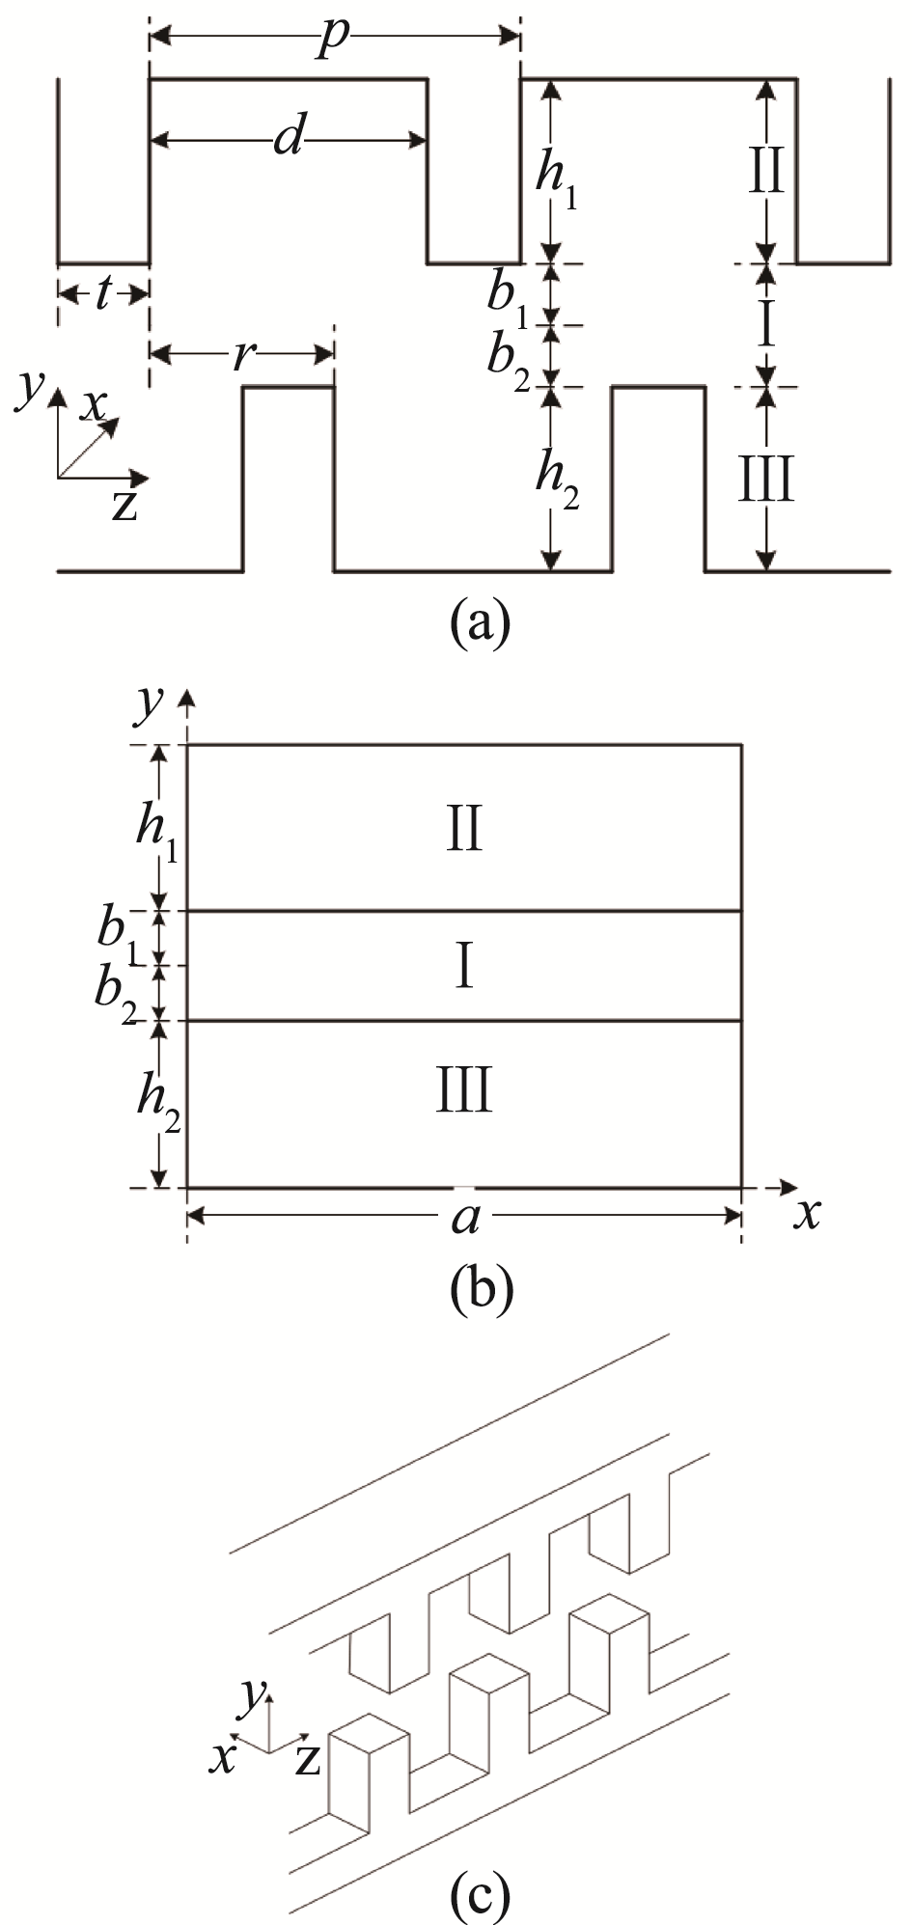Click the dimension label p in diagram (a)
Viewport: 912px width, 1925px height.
point(334,41)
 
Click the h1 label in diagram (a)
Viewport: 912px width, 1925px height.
point(558,179)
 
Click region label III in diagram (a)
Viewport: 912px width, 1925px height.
point(766,480)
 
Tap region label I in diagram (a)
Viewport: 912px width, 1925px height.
point(766,327)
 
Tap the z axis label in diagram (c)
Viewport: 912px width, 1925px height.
point(307,1760)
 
